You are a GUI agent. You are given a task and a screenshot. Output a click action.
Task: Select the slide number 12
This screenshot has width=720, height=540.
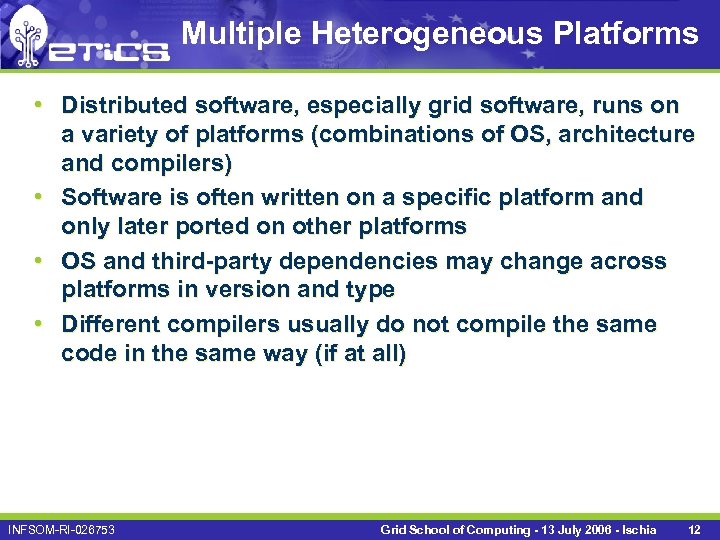[694, 528]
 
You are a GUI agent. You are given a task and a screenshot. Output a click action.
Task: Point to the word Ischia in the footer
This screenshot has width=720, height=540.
[636, 528]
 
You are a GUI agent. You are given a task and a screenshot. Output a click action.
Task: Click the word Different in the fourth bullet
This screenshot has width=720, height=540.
[110, 325]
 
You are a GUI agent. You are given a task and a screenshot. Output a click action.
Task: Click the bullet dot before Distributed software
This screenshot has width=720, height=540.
[36, 105]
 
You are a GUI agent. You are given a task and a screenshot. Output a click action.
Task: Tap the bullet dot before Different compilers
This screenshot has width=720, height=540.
[36, 324]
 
